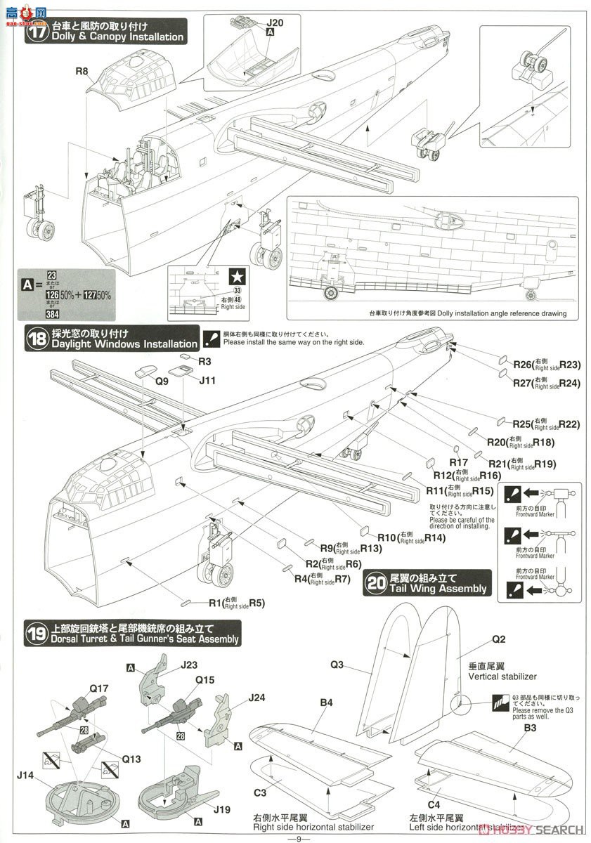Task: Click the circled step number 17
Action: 37,30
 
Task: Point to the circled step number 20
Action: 377,582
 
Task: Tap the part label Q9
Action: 162,381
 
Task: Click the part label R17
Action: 458,462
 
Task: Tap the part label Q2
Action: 498,639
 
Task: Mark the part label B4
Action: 325,702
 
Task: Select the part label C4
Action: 434,804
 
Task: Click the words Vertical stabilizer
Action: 502,677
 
